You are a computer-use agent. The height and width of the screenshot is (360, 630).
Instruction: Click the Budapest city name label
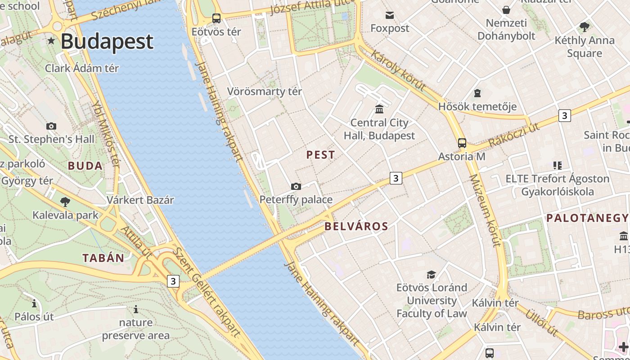point(107,41)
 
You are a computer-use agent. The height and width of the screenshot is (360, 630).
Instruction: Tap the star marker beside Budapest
point(51,41)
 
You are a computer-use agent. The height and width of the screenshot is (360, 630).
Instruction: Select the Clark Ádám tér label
point(82,68)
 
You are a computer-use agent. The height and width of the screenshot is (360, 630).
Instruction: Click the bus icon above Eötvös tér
point(216,18)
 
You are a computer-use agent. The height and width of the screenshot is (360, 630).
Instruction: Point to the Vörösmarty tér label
point(265,91)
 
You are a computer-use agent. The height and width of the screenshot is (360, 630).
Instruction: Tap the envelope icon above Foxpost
point(390,16)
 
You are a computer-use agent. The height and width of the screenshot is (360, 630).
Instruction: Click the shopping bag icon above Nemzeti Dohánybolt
point(506,10)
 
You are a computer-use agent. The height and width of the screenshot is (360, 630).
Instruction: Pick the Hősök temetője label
point(477,107)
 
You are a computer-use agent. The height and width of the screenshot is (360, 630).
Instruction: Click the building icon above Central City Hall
point(379,109)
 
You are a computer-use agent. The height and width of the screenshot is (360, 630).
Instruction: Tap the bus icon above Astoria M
point(462,143)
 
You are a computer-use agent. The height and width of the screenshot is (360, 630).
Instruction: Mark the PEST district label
point(321,155)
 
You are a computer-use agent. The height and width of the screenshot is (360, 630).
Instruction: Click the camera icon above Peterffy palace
point(296,186)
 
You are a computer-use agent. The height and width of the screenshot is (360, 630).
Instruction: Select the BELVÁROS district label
point(356,226)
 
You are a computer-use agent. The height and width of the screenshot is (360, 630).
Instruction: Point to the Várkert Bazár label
point(140,200)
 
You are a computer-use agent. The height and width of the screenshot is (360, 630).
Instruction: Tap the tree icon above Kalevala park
point(65,202)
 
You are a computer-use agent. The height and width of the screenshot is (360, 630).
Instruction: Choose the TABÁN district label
point(103,258)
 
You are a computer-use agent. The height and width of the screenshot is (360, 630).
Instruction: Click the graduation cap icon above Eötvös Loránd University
point(432,274)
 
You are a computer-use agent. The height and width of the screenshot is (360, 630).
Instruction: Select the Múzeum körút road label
point(485,211)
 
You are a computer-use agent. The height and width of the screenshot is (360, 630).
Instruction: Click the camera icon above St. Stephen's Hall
point(51,126)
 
